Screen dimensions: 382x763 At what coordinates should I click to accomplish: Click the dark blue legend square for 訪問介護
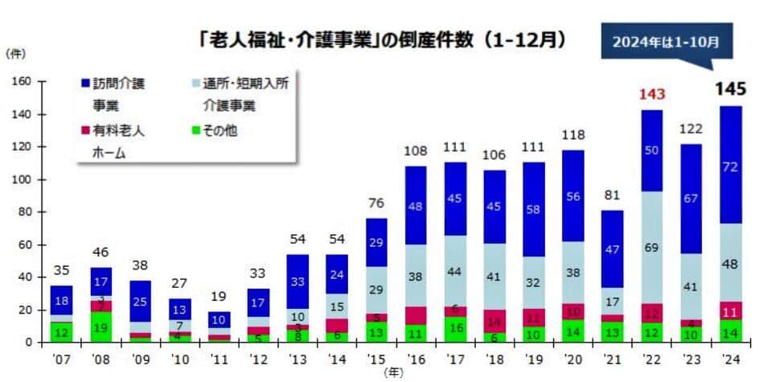tap(85, 83)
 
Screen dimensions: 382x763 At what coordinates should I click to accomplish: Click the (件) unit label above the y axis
tap(15, 53)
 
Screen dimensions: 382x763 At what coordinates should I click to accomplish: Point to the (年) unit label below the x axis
tap(393, 372)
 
